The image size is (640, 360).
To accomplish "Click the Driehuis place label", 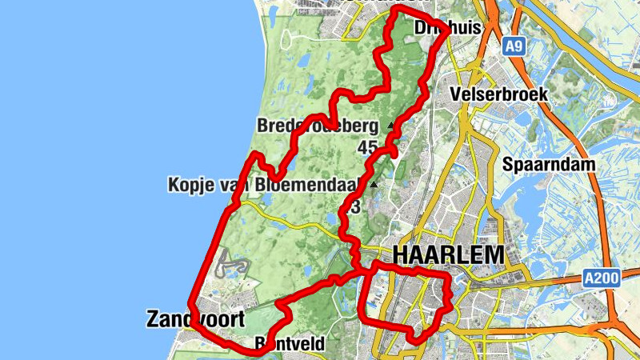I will point(448,28).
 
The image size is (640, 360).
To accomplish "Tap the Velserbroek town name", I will point(499,94).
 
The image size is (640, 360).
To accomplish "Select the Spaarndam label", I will point(550,164).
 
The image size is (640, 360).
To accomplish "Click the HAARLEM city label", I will point(449,255).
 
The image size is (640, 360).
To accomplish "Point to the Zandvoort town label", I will point(195,319).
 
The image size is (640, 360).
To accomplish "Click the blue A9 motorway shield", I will point(514,48).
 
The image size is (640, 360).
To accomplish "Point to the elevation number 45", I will point(368,147).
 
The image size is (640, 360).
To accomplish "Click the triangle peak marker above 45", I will point(390,126).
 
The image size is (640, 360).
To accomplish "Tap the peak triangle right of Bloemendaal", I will point(373,185).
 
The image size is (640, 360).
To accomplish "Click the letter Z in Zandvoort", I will point(154,319).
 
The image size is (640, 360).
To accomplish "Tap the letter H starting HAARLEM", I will point(401,255).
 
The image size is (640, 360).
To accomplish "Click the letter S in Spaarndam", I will point(509,164).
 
